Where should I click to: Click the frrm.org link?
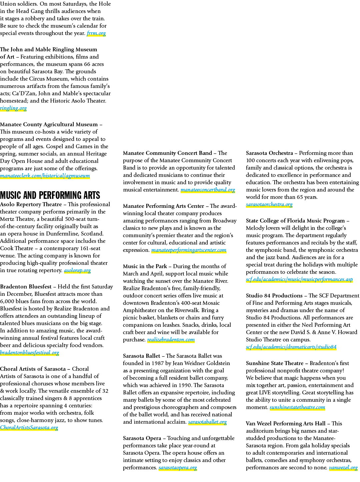[96, 33]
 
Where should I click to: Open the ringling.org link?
[13, 108]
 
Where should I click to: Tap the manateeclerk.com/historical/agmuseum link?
[45, 176]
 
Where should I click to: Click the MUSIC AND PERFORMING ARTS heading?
[50, 195]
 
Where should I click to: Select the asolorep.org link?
[77, 270]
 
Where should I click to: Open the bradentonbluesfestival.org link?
[29, 353]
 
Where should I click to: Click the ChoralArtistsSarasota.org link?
[29, 428]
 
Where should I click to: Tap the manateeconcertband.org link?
[208, 190]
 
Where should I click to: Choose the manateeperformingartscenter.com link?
[189, 250]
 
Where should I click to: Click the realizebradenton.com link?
[171, 340]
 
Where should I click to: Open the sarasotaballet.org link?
[207, 422]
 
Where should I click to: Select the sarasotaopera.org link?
[178, 468]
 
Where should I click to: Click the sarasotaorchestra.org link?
[269, 205]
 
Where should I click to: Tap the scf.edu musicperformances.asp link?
[299, 279]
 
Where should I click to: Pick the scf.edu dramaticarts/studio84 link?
[291, 347]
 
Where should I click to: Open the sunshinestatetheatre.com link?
[297, 408]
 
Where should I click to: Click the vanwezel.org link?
[343, 468]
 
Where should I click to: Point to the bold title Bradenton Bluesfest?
[26, 286]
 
